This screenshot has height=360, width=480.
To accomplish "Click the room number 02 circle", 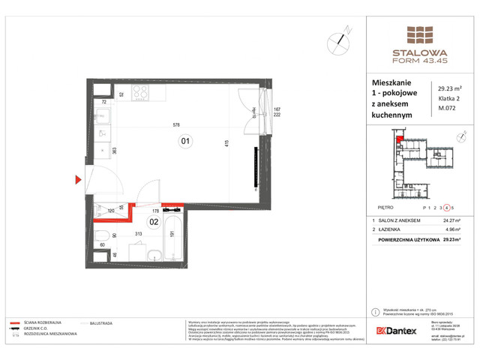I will (x=153, y=222).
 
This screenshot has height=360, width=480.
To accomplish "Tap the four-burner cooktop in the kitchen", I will (x=139, y=93).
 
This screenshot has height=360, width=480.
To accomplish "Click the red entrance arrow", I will (x=78, y=179).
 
